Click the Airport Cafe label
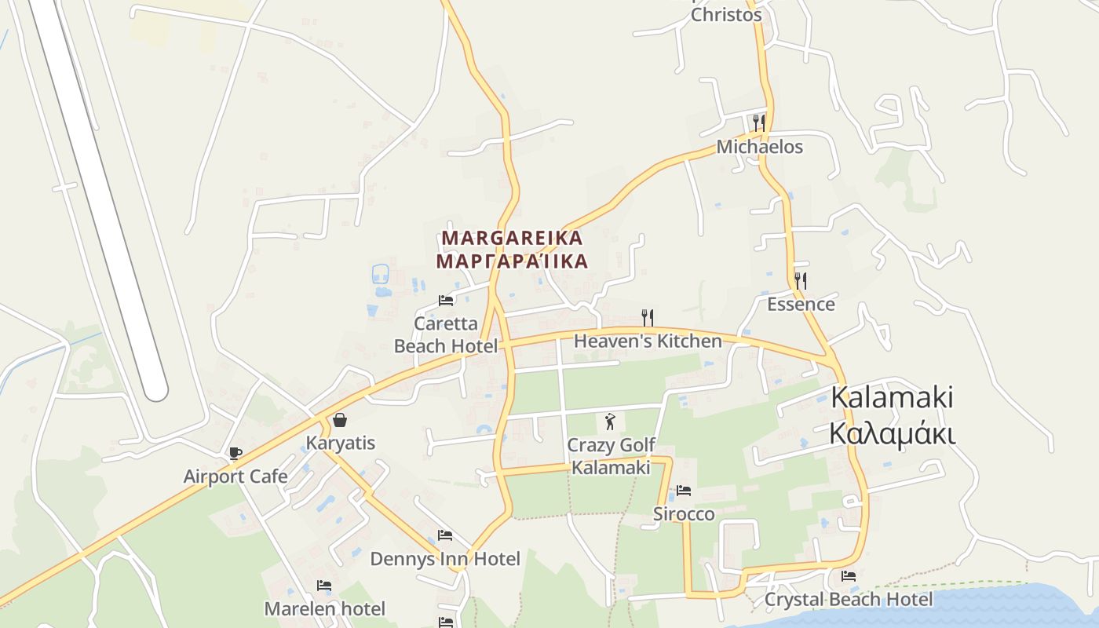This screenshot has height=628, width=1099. coord(235,476)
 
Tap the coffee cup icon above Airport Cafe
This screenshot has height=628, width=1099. coord(235,453)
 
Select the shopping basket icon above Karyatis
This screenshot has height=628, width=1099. coord(340,420)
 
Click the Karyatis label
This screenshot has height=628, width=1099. coord(341,443)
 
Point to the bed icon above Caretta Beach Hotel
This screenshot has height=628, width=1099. coord(446,300)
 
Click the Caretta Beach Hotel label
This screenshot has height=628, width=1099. coord(446,334)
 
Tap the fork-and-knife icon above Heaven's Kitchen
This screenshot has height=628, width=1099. coord(648,317)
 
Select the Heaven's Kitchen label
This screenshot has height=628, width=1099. coord(648,341)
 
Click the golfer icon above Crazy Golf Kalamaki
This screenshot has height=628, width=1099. coord(611,422)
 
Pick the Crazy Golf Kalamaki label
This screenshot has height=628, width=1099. coord(611,456)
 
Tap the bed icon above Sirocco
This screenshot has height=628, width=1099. coord(684,491)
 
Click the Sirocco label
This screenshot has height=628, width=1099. coord(684,514)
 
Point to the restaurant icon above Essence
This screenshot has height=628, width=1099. coord(801,280)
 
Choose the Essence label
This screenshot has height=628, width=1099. coord(801,304)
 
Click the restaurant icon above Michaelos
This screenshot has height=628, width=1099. coord(759,122)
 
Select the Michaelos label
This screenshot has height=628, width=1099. coord(759,147)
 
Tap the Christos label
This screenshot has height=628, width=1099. coord(726,15)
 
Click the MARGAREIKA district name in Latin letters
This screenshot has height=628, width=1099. coord(513,238)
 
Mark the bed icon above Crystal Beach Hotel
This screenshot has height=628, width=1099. coord(849,575)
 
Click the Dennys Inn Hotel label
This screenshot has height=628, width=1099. coord(445,559)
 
